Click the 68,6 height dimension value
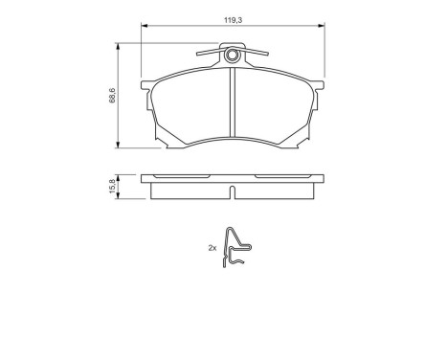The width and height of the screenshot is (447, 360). coord(112,95)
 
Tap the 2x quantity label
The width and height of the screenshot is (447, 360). coord(212,248)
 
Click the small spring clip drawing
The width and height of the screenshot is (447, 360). coord(235,248)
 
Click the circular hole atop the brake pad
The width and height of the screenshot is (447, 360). coord(231,55)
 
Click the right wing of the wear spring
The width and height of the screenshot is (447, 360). coord(256,54)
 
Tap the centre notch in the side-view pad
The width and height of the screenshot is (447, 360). coord(232,191)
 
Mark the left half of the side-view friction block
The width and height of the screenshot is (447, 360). coord(191,189)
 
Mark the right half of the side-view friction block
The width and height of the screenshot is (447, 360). coord(273,189)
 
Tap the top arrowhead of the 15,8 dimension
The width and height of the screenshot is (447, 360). coord(120,174)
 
